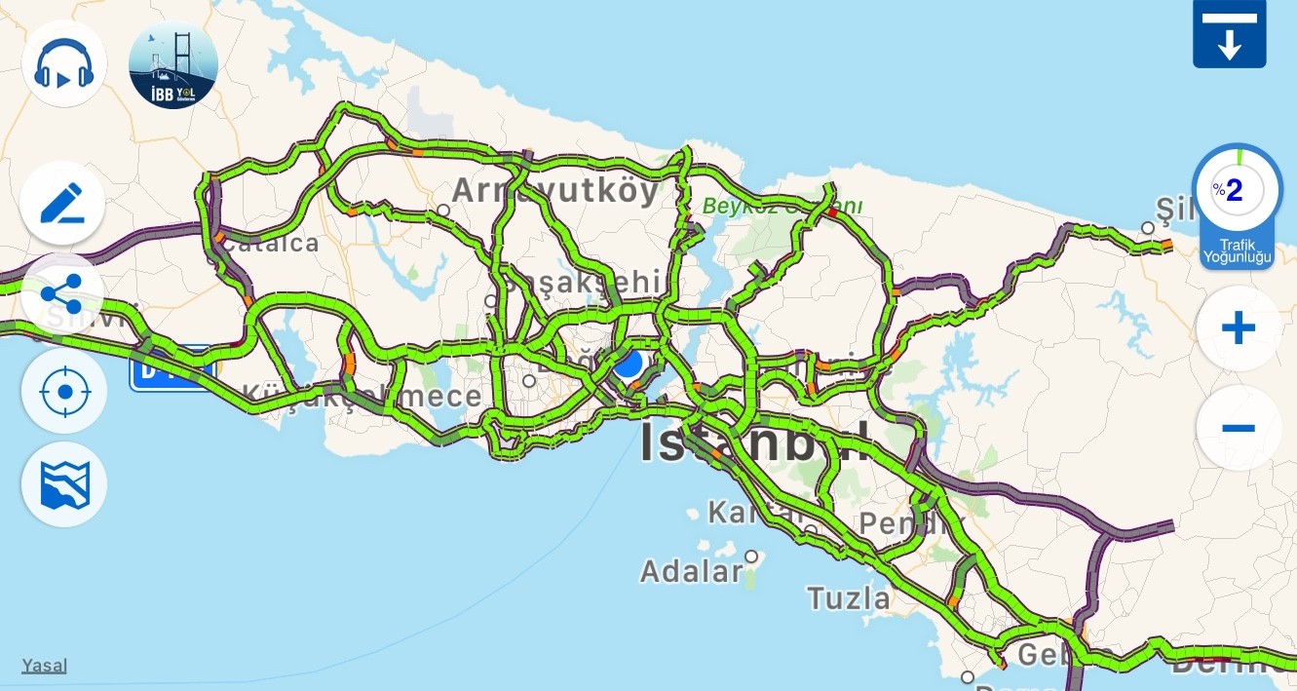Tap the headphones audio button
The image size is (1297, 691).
point(64,63)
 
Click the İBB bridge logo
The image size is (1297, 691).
point(173,65)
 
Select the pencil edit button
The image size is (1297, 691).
point(63,203)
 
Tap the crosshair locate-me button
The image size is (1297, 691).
point(64,392)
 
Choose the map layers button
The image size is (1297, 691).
point(64,484)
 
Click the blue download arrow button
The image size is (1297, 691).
point(1229,34)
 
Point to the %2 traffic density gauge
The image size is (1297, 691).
point(1237,189)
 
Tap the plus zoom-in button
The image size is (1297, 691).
point(1238,328)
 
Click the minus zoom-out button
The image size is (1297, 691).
point(1238,428)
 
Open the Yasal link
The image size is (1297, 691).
point(45,666)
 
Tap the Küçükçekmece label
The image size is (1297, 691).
point(362,396)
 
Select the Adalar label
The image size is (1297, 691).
point(692,571)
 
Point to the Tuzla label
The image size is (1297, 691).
point(849,596)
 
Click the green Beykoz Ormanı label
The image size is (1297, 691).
point(782,207)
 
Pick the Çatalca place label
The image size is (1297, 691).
point(271,244)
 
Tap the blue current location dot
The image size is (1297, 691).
point(629,365)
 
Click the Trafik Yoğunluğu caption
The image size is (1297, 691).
point(1237,251)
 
